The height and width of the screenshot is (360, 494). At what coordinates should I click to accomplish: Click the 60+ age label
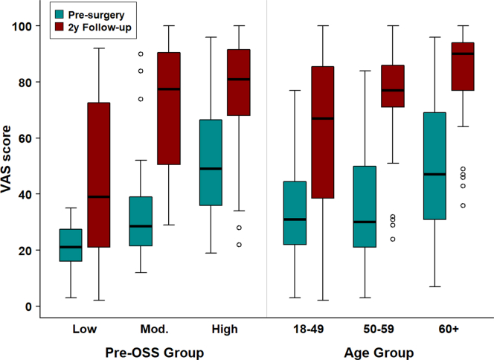pos(447,328)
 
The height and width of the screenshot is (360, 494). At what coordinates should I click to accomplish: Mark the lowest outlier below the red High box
pos(240,245)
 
